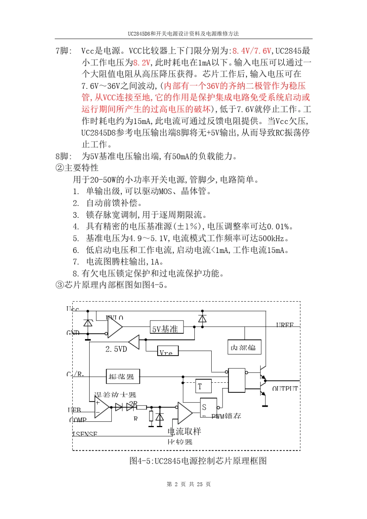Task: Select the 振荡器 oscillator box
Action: point(123,376)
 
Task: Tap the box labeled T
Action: point(203,386)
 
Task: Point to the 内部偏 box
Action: point(244,347)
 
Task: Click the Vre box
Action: point(168,351)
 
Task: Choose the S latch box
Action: point(208,407)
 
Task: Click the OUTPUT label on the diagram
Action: point(285,388)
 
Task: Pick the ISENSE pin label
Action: point(85,434)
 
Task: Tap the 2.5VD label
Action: point(116,349)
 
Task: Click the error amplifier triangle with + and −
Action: point(101,407)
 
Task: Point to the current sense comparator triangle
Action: point(184,412)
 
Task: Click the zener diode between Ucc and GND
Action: point(88,323)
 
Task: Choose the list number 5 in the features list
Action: point(76,239)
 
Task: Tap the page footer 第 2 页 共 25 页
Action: point(189,484)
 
